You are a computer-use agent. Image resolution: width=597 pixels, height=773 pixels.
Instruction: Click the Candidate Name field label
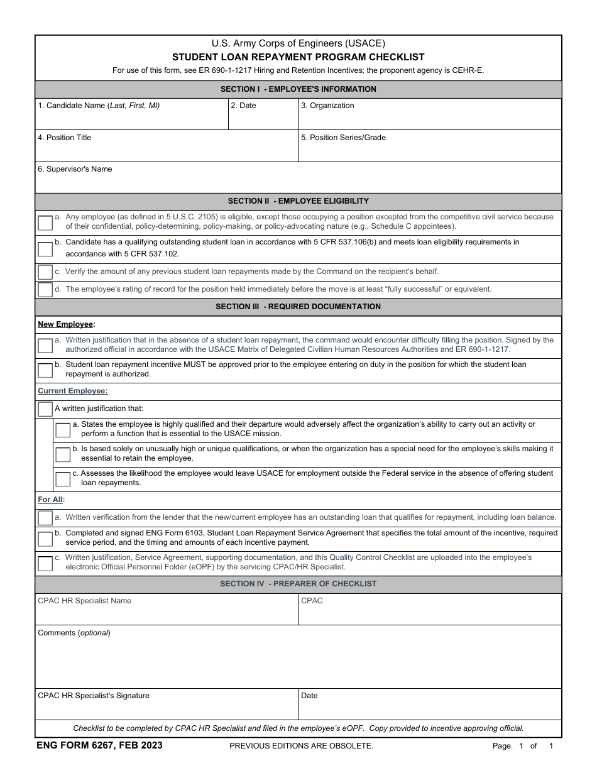[x=99, y=106]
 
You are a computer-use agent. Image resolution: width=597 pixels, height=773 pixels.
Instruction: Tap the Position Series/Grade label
[x=343, y=138]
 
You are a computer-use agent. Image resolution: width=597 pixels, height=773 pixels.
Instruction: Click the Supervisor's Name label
[x=75, y=169]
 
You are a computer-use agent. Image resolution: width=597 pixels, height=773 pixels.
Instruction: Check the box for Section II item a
[x=45, y=222]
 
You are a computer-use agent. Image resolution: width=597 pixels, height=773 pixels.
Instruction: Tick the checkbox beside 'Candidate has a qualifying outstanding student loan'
[x=45, y=249]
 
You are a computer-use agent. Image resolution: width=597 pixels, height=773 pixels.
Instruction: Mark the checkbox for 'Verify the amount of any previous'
[x=45, y=272]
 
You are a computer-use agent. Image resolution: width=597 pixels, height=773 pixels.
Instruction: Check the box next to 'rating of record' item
[x=45, y=290]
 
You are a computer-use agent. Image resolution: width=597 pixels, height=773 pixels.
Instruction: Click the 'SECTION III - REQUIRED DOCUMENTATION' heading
[x=298, y=307]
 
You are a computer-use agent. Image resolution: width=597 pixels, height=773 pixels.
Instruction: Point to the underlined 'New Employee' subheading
[x=66, y=324]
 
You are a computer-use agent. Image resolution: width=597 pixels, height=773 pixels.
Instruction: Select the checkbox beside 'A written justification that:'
[x=45, y=409]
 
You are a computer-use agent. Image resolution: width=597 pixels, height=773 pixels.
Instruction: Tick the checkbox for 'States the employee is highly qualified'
[x=63, y=430]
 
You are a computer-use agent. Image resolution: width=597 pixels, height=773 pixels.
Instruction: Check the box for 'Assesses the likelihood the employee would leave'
[x=63, y=479]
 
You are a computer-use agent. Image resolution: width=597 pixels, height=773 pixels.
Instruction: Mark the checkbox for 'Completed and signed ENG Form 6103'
[x=45, y=539]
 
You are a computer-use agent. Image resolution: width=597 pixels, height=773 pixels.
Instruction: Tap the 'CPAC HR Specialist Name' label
[x=85, y=601]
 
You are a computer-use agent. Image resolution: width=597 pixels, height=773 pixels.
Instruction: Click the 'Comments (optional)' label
[x=74, y=633]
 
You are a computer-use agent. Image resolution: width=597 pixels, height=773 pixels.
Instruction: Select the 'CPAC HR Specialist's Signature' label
[x=94, y=696]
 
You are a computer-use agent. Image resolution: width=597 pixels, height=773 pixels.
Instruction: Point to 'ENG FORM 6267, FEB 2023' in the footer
[x=100, y=745]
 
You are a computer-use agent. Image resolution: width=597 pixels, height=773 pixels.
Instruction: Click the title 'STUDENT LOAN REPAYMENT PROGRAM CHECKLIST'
[x=298, y=57]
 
